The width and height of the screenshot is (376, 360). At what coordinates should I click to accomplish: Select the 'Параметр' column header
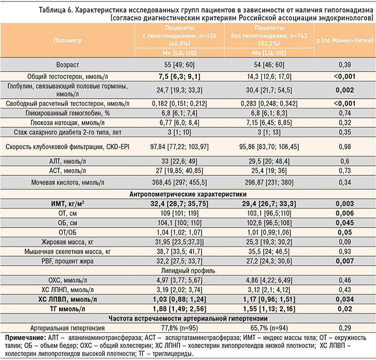[x=68, y=40]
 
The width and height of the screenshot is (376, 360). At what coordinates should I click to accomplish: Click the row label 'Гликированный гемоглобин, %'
[x=68, y=112]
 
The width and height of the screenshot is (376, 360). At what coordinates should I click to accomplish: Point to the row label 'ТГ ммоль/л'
[x=68, y=309]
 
